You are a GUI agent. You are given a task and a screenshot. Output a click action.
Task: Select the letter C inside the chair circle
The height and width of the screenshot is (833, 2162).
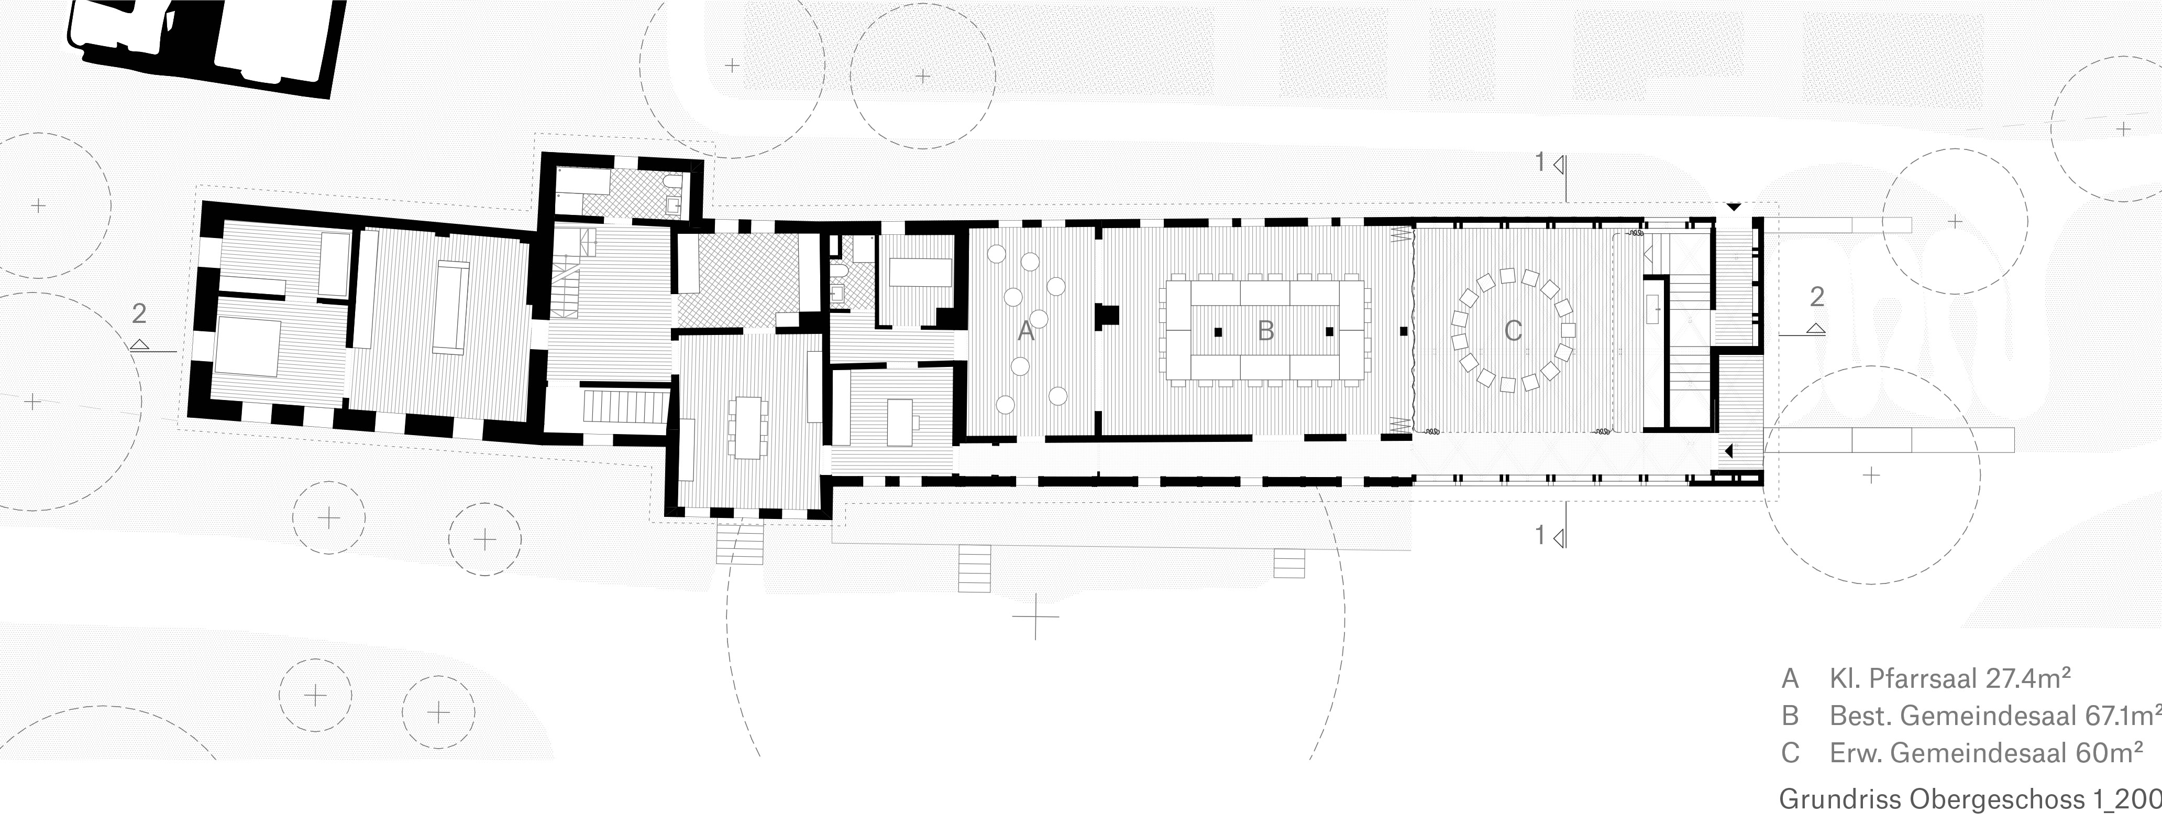pos(1513,331)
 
